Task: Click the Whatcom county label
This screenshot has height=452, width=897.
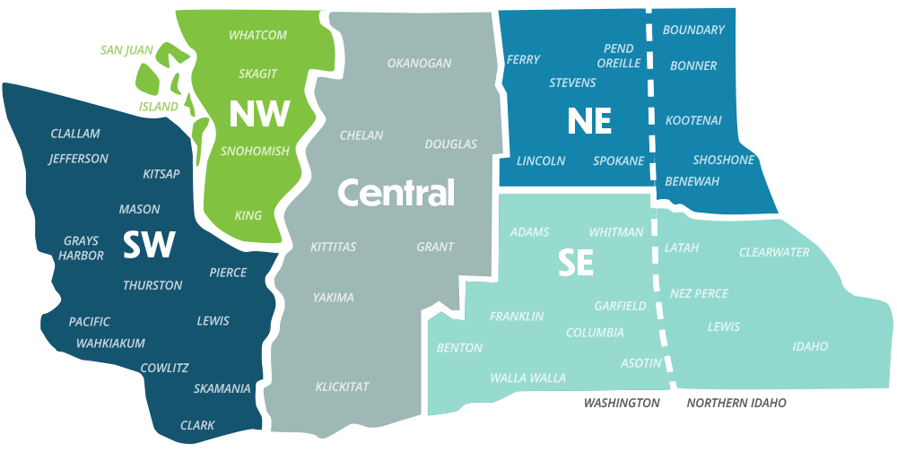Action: (x=257, y=35)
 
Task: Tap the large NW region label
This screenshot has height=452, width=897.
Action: (x=259, y=114)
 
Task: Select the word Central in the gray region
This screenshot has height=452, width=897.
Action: (x=396, y=192)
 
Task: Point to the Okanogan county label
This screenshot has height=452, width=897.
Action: (x=419, y=64)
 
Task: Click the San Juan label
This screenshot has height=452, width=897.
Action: (x=127, y=49)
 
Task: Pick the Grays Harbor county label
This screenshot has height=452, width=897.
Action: (x=81, y=248)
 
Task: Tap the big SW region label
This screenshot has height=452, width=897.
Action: (x=149, y=244)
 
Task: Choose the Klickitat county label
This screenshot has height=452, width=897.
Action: (x=342, y=387)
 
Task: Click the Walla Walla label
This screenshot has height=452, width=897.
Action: (x=527, y=378)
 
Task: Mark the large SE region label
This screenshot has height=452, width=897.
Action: (x=576, y=263)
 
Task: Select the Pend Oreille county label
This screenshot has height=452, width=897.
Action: (x=619, y=56)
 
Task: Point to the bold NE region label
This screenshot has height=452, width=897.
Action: (x=589, y=121)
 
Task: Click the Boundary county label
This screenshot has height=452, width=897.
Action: (x=693, y=30)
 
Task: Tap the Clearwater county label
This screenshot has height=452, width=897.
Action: (x=774, y=253)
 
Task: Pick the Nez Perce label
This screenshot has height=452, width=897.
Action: (x=699, y=293)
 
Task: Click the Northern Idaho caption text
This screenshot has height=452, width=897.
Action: (x=736, y=404)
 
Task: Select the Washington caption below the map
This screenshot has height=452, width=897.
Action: (x=622, y=404)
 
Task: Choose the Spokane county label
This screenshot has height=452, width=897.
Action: (x=619, y=161)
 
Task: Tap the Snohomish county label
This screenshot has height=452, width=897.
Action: (x=256, y=152)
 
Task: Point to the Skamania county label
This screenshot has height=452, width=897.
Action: (x=222, y=389)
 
